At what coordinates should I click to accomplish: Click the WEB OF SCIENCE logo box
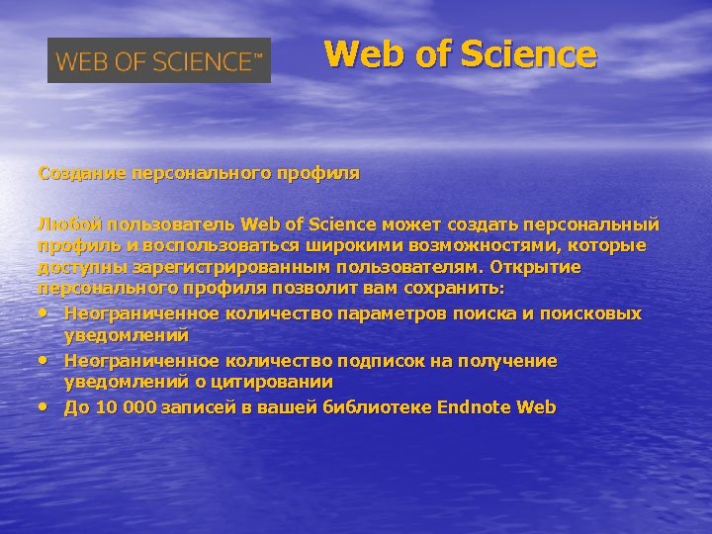(x=159, y=61)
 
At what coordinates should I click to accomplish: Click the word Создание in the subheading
(x=76, y=173)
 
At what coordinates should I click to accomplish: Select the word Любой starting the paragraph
(x=65, y=222)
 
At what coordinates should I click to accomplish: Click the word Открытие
(x=548, y=267)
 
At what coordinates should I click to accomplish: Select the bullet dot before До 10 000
(x=44, y=406)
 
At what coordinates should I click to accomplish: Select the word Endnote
(x=474, y=407)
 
